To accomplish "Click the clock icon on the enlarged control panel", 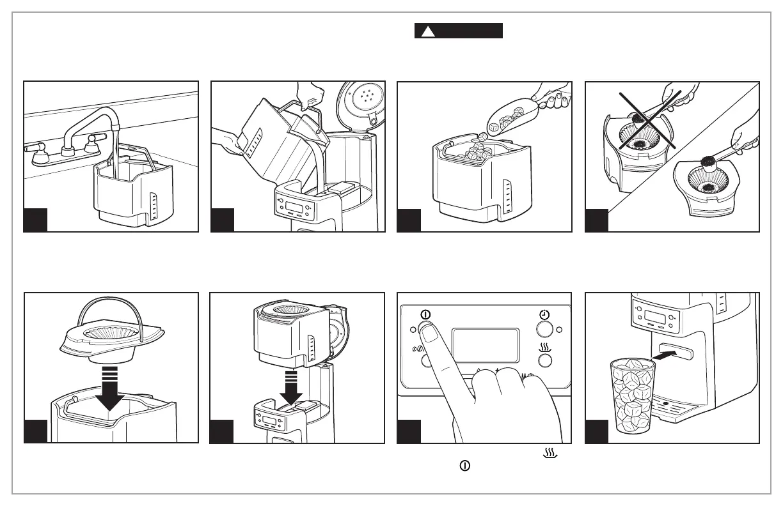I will pyautogui.click(x=543, y=315).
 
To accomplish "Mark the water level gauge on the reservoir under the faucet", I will pyautogui.click(x=153, y=206).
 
